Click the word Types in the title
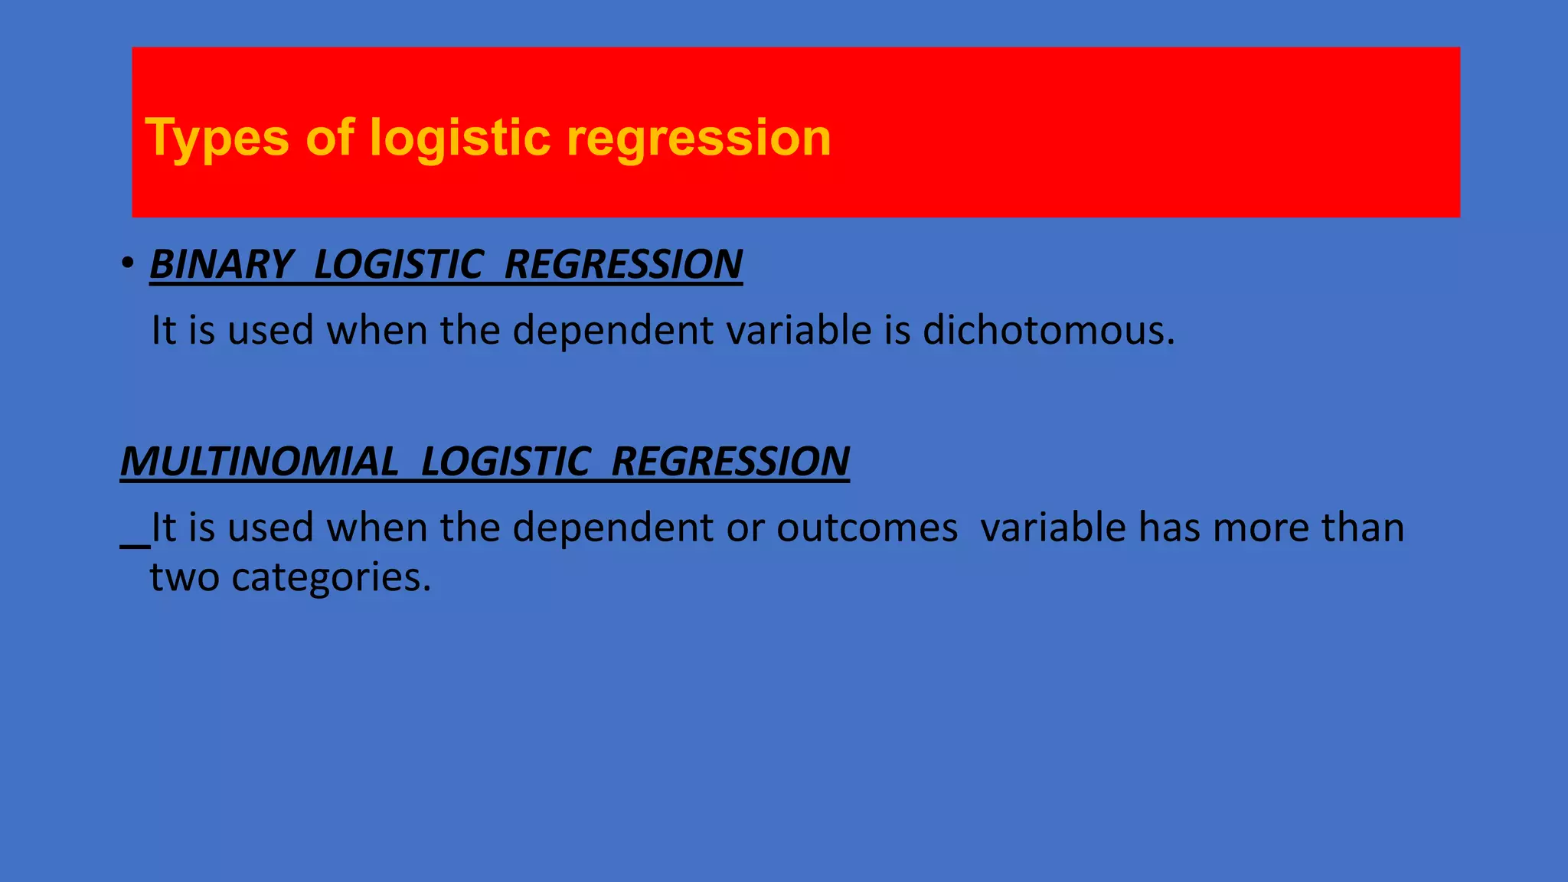[x=217, y=139]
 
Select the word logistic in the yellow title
[x=459, y=139]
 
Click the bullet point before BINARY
[x=128, y=264]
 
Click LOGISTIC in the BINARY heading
[x=398, y=265]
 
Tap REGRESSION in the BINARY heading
[x=623, y=265]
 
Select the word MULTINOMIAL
[x=260, y=462]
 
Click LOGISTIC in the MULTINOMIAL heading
[x=505, y=462]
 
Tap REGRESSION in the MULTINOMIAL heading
[x=730, y=462]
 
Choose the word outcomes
[x=867, y=528]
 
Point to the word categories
[x=331, y=578]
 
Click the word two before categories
[x=184, y=578]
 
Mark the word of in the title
[x=329, y=139]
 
